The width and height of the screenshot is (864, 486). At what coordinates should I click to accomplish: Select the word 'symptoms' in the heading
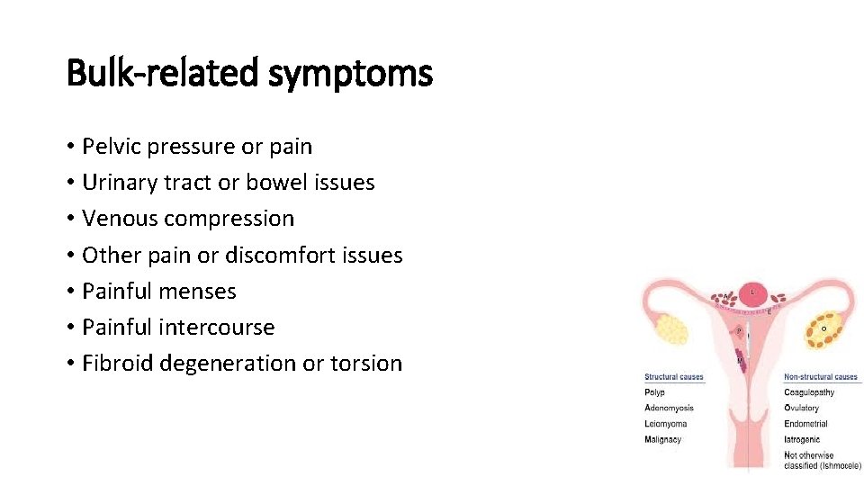[x=350, y=73]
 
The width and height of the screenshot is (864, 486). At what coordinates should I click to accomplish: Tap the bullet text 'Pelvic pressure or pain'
[x=196, y=146]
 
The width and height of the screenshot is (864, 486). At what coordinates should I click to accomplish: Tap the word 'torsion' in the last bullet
[x=365, y=364]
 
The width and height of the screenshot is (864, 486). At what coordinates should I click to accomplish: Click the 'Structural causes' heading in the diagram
[x=673, y=377]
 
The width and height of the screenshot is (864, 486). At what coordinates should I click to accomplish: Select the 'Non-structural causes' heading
[x=820, y=377]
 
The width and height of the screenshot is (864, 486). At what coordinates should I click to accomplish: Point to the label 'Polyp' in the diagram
[x=654, y=392]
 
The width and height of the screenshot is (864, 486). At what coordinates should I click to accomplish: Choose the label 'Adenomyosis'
[x=669, y=409]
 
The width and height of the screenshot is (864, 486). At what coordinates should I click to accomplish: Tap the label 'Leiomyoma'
[x=665, y=424]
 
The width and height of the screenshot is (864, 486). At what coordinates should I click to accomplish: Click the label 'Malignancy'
[x=663, y=440]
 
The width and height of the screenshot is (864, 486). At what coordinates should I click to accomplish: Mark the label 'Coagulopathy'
[x=809, y=392]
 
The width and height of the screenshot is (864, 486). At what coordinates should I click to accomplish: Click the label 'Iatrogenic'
[x=802, y=440]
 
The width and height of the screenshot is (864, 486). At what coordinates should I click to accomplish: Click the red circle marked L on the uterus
[x=754, y=293]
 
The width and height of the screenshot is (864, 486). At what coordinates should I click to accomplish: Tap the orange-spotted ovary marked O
[x=823, y=329]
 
